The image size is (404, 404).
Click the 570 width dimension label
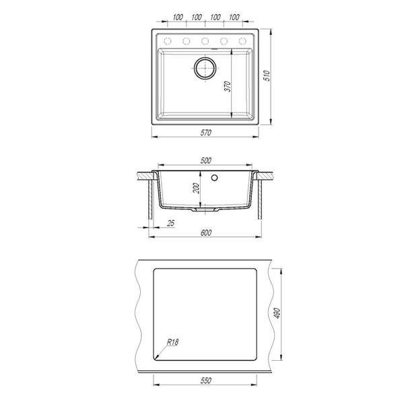tap(205, 133)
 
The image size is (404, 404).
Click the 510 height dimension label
tap(267, 75)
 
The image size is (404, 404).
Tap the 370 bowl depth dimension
tap(228, 86)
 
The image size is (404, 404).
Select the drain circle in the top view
tap(205, 68)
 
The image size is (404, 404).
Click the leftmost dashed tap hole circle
tap(168, 41)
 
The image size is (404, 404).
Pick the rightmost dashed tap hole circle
tap(242, 41)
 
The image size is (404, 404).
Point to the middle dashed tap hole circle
tap(205, 41)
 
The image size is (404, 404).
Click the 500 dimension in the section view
tap(205, 160)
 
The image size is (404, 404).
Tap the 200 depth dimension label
tap(197, 188)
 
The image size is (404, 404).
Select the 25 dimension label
tap(170, 223)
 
